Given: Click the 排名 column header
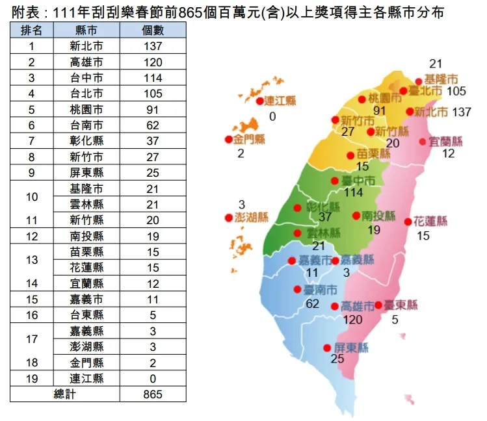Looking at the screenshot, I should pos(32,30).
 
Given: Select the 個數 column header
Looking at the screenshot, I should pos(153,30).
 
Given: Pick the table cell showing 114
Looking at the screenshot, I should pos(153,78).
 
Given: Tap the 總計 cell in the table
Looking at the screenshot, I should pos(65,394).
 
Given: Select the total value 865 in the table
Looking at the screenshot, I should pos(153,394).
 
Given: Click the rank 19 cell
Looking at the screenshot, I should pos(32,378).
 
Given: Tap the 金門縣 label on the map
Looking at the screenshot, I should pos(250,139).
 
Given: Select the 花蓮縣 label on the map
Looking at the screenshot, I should pos(430,221).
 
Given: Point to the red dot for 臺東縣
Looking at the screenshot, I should pos(378,304).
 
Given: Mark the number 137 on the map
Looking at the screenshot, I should pos(461,112).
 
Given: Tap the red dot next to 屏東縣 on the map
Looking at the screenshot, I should pos(327,348).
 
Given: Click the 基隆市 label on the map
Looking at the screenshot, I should pos(441,79).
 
